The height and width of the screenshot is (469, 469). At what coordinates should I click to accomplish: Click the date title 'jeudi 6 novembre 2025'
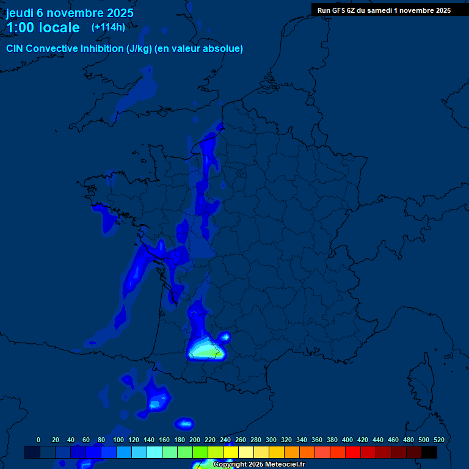(x=70, y=13)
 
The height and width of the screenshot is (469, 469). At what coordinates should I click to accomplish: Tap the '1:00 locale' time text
(x=43, y=27)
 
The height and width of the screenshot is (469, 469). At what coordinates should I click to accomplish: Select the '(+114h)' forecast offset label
(x=108, y=27)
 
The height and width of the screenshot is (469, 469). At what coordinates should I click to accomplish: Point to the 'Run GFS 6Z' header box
(x=384, y=10)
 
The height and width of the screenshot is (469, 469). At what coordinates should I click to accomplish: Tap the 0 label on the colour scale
(x=38, y=440)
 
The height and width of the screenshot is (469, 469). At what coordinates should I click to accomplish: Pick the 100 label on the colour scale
(x=101, y=440)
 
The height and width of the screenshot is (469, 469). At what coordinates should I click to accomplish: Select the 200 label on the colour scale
(x=195, y=440)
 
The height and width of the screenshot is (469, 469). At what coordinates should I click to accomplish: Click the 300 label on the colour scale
(x=271, y=440)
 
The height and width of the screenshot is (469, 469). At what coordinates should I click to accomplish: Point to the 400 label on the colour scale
(x=347, y=440)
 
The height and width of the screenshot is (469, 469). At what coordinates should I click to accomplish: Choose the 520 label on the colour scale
(x=438, y=440)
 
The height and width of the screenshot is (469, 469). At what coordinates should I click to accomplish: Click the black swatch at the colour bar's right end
(x=429, y=453)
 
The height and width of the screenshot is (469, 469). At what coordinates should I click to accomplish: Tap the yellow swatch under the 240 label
(x=231, y=453)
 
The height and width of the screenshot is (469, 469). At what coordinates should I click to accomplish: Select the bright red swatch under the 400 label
(x=353, y=453)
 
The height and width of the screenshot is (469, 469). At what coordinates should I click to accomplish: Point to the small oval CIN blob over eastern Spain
(x=184, y=423)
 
